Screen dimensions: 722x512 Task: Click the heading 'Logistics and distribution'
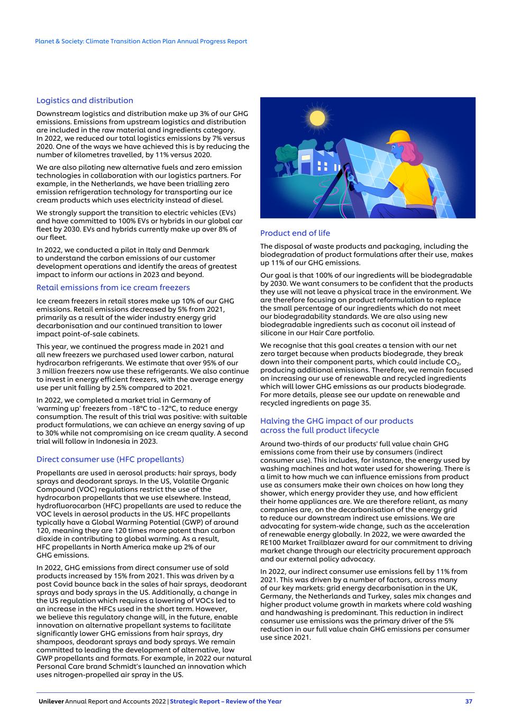[85, 100]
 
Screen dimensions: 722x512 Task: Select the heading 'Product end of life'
[295, 233]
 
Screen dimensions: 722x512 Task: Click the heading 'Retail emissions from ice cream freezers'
[113, 288]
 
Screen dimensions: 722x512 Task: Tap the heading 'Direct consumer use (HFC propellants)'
[110, 459]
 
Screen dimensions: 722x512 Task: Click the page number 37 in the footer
[468, 701]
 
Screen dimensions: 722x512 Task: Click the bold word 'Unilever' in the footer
[51, 701]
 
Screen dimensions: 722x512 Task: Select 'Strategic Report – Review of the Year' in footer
[226, 701]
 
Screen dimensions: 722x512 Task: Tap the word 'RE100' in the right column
[271, 542]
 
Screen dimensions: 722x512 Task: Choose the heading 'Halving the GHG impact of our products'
[336, 421]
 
